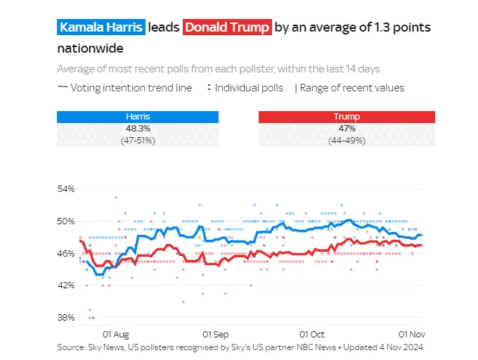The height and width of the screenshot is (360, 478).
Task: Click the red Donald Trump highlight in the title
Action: pos(226,27)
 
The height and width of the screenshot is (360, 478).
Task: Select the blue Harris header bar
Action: pos(138,117)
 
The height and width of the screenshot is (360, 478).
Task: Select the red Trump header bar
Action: pos(347,117)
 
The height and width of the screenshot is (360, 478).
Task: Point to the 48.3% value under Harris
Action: pos(138,129)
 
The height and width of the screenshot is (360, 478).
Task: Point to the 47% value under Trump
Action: pos(347,129)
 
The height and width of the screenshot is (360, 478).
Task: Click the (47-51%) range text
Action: pos(138,141)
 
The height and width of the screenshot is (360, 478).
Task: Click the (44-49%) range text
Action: pos(347,141)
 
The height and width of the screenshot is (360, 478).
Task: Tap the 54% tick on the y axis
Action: pos(66,189)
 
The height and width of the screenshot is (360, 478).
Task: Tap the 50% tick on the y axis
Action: pos(66,221)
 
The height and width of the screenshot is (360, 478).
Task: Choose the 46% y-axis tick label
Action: pos(66,253)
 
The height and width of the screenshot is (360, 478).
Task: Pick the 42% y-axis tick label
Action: pos(66,285)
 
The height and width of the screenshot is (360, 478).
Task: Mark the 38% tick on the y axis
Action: pos(66,317)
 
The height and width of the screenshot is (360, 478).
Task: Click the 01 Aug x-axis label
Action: pos(116,334)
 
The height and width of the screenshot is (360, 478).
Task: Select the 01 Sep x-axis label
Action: pos(215,334)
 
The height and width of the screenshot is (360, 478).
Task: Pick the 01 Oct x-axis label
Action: pos(311,334)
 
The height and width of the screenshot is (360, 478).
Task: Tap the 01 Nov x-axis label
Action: pos(411,334)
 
